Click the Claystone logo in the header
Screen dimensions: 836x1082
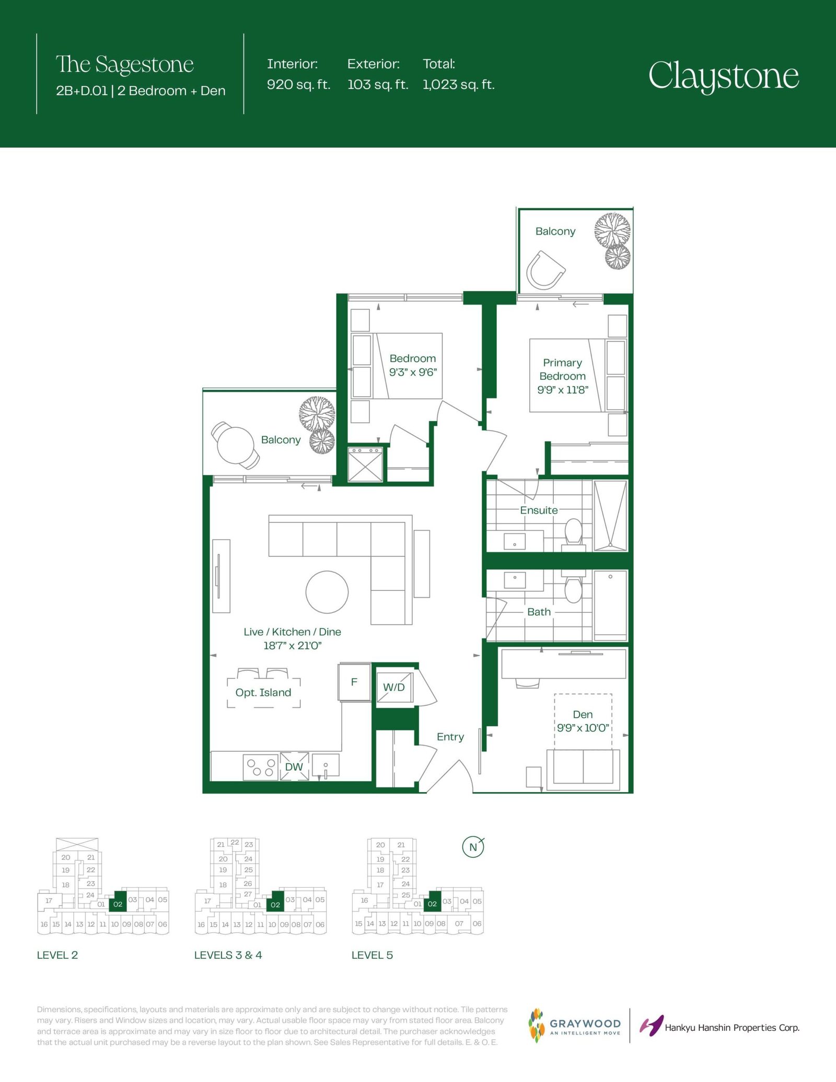pyautogui.click(x=724, y=77)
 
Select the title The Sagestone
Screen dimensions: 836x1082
pyautogui.click(x=125, y=65)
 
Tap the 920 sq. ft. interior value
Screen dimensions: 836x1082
pyautogui.click(x=298, y=85)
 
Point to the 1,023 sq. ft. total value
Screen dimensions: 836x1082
pyautogui.click(x=459, y=85)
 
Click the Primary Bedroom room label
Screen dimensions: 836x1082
pyautogui.click(x=563, y=369)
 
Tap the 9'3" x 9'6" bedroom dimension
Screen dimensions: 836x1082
pyautogui.click(x=413, y=373)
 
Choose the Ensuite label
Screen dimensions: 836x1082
pyautogui.click(x=539, y=510)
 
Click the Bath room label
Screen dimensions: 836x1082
pyautogui.click(x=539, y=612)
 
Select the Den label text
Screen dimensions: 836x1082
pyautogui.click(x=583, y=714)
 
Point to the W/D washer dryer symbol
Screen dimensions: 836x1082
pyautogui.click(x=394, y=687)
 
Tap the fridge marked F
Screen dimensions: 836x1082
pyautogui.click(x=354, y=682)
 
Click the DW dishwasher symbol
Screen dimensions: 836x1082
pyautogui.click(x=294, y=766)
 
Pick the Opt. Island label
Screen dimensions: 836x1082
pyautogui.click(x=263, y=692)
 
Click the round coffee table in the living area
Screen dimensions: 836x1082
pyautogui.click(x=327, y=591)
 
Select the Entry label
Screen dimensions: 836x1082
pyautogui.click(x=450, y=737)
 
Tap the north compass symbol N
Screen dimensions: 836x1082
pyautogui.click(x=473, y=847)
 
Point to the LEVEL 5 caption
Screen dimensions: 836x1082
pyautogui.click(x=372, y=955)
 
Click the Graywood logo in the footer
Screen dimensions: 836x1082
pyautogui.click(x=575, y=1026)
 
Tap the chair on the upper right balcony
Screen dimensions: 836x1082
pyautogui.click(x=545, y=270)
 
